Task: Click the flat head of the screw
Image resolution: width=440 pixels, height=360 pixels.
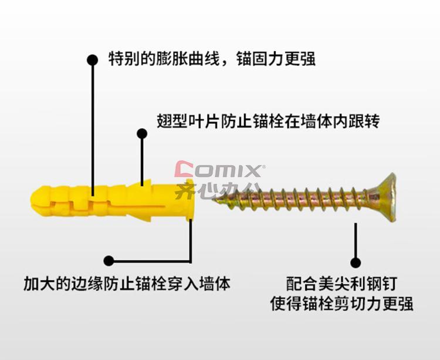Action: click(388, 197)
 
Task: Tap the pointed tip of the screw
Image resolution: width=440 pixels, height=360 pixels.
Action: click(213, 200)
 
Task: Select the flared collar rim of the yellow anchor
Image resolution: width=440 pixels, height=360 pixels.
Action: click(190, 200)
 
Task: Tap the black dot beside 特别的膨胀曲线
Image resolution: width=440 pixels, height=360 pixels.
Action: click(92, 60)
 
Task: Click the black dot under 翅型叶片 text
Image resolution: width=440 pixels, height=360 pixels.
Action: click(142, 134)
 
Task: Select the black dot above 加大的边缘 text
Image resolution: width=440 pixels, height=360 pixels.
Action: click(109, 261)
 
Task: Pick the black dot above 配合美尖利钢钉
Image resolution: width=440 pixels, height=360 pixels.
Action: click(356, 263)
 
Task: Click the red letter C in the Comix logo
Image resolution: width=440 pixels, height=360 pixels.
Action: click(184, 169)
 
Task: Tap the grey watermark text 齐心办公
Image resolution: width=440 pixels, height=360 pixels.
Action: click(215, 190)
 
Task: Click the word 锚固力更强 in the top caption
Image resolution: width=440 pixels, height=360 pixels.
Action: click(276, 59)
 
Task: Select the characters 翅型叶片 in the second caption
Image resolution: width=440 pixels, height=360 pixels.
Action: click(188, 121)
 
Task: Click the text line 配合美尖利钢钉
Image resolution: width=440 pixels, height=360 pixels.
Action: click(341, 284)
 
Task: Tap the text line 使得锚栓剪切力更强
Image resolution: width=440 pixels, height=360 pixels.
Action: click(341, 304)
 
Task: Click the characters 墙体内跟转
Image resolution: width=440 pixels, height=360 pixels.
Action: click(340, 121)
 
